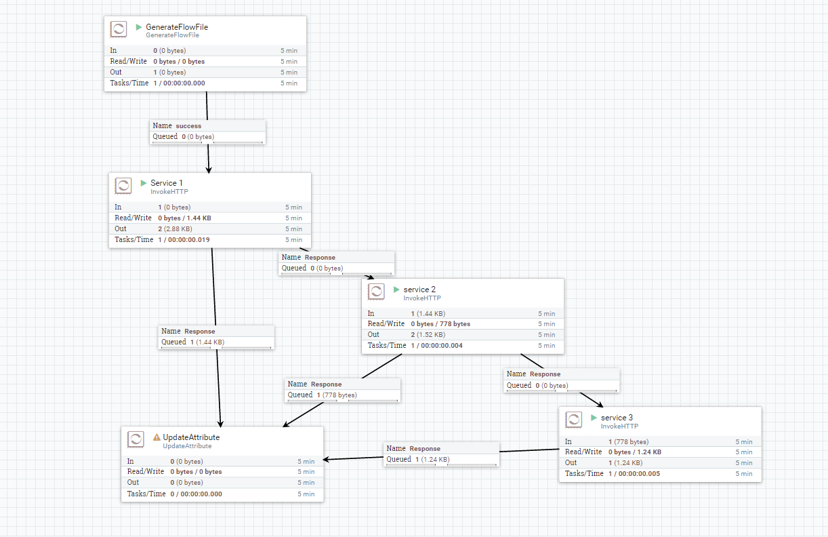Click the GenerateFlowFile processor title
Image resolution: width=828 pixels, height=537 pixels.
click(176, 27)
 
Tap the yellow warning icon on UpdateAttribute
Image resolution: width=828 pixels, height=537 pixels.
click(157, 437)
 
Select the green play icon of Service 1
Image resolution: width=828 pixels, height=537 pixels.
click(144, 183)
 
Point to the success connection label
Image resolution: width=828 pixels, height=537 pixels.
click(188, 125)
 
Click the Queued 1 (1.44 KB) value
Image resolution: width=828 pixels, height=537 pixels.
click(207, 342)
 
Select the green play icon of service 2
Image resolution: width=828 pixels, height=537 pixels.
click(396, 290)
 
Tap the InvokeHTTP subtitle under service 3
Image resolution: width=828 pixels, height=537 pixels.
click(619, 426)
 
